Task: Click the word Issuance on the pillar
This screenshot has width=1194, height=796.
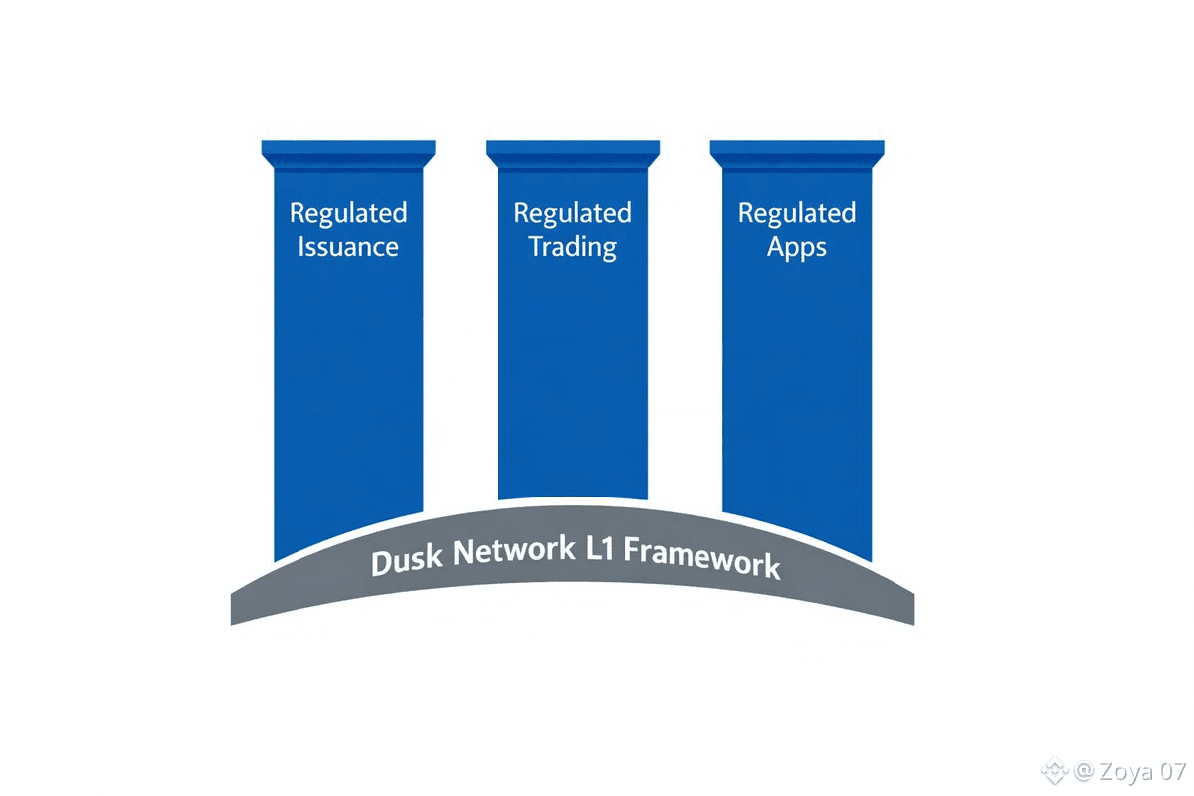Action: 348,247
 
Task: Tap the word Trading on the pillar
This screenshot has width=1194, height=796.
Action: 572,247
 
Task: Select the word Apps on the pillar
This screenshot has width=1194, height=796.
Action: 796,247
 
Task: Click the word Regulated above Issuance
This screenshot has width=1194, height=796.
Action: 348,213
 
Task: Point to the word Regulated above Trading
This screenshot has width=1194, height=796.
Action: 572,213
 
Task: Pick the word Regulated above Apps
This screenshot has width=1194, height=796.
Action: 796,213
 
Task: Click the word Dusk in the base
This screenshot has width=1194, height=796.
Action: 406,560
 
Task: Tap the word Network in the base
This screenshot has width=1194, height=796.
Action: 513,552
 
